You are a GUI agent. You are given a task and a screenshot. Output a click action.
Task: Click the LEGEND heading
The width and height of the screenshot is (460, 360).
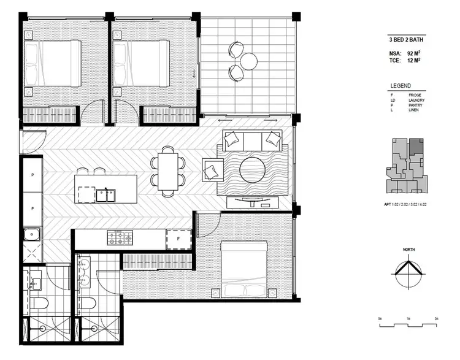(401, 86)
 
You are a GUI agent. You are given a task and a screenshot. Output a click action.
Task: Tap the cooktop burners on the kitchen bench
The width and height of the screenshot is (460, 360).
(121, 238)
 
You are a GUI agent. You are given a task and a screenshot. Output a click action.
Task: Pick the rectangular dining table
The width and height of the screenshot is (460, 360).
(169, 171)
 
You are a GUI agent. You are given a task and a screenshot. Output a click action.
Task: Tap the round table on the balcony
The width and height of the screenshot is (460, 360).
(249, 60)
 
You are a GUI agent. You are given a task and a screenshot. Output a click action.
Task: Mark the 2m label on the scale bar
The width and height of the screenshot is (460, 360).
(435, 320)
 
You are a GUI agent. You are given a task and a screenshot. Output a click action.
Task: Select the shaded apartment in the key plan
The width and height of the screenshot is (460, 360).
(416, 146)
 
